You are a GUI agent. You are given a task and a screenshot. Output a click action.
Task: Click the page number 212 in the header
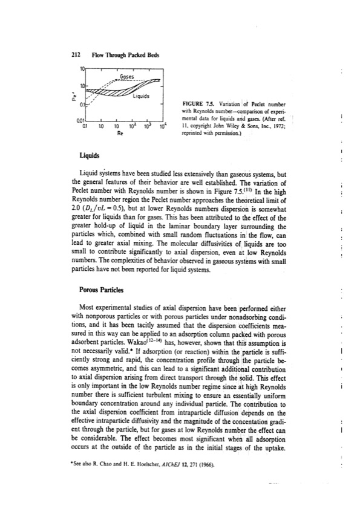point(76,53)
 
